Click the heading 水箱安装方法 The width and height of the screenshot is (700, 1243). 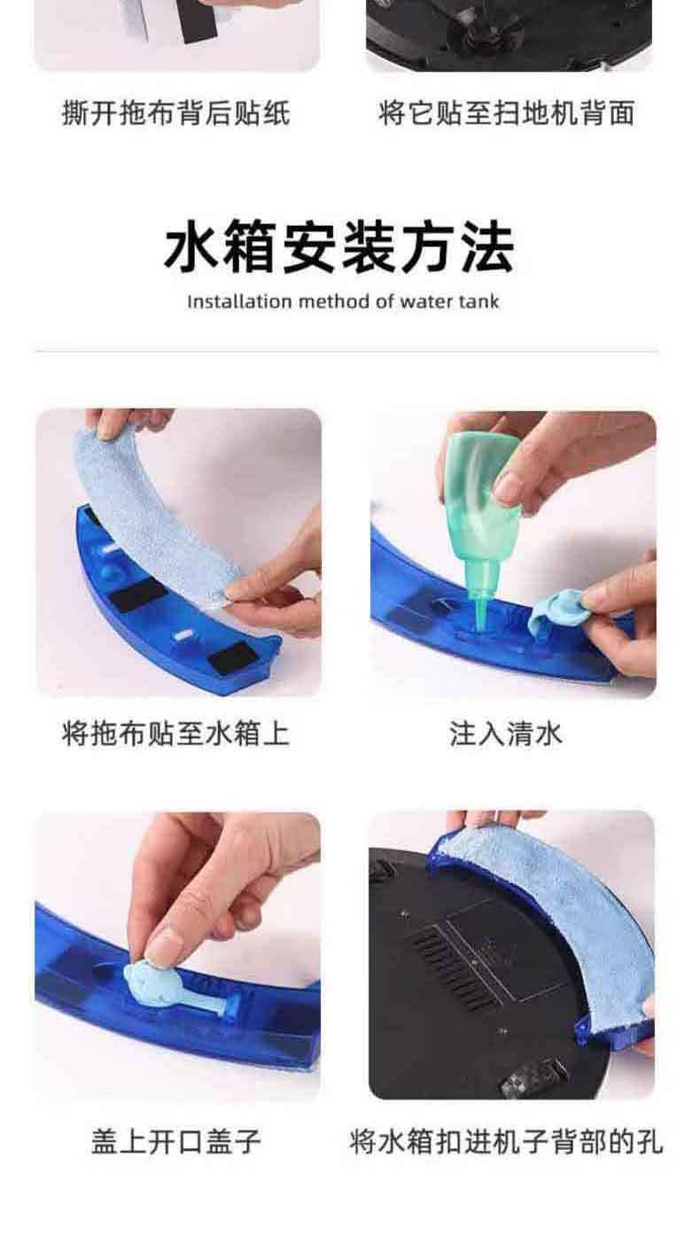339,246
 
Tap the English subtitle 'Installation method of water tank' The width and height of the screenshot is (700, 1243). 343,302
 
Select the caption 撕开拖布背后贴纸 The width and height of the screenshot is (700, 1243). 176,113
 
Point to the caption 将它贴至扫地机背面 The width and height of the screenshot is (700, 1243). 506,113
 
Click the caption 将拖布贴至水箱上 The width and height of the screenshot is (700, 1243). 176,734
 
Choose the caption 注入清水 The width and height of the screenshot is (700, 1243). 506,734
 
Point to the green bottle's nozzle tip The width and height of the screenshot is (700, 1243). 478,628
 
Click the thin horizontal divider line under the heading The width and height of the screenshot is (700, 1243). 346,351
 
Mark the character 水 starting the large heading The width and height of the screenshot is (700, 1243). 192,246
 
